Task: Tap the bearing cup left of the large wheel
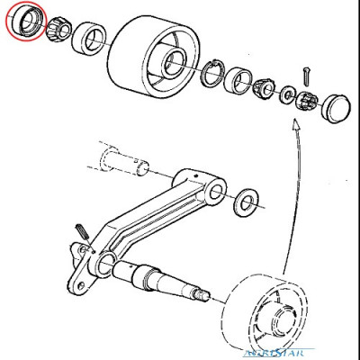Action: tap(92, 40)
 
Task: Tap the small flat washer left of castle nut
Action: tap(287, 93)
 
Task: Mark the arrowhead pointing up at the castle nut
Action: tap(295, 126)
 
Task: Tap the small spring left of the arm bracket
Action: tap(81, 231)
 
